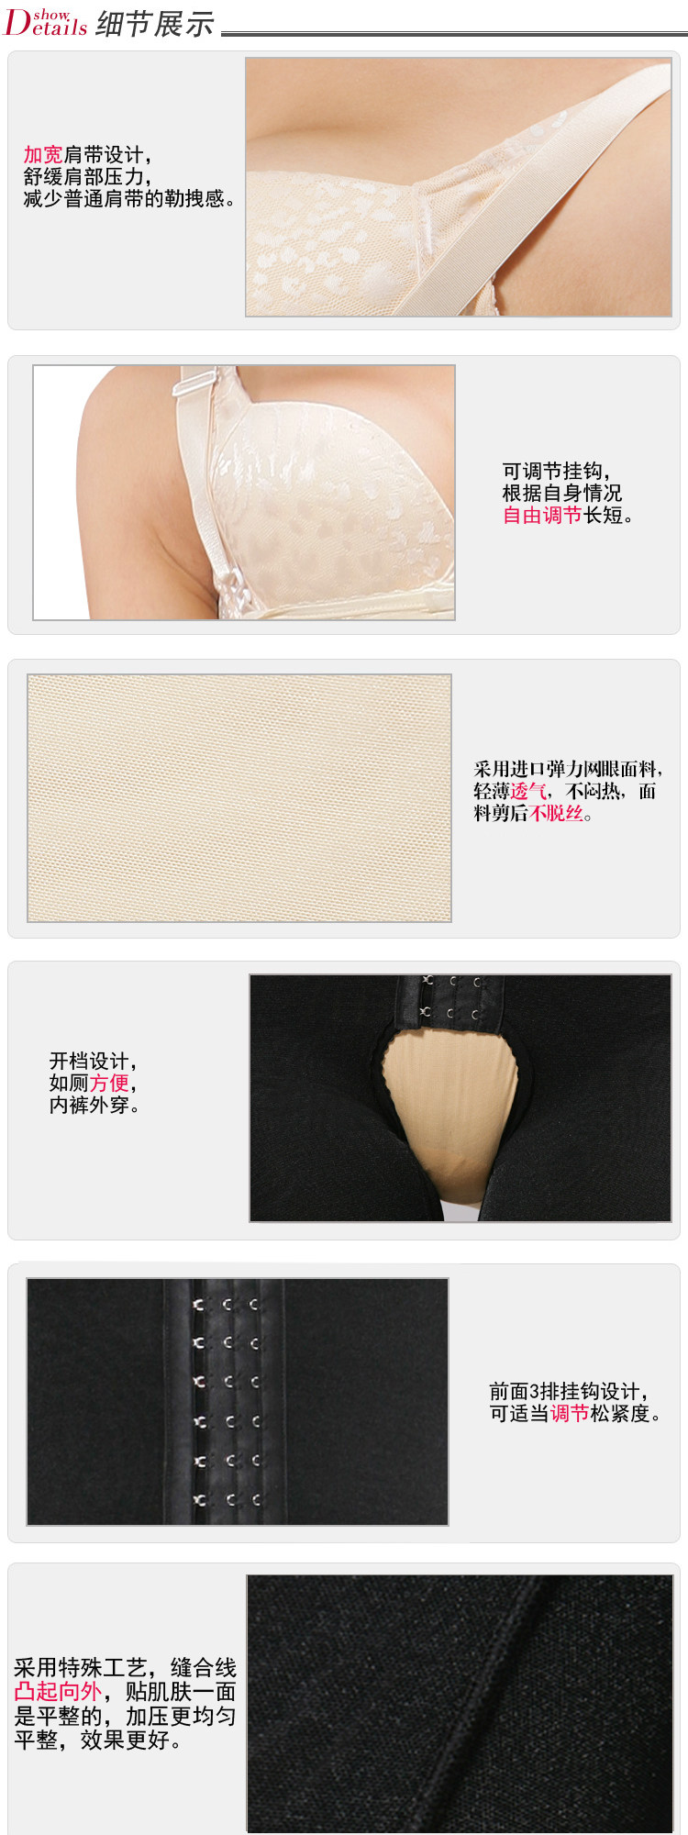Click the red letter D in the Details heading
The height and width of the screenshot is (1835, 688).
[x=17, y=22]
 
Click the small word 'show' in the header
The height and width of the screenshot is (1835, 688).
[x=51, y=15]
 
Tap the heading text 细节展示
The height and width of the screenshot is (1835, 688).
[x=154, y=24]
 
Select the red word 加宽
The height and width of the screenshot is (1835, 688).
[x=43, y=155]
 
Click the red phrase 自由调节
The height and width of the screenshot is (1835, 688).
[x=542, y=515]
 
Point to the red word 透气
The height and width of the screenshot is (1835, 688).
[x=528, y=791]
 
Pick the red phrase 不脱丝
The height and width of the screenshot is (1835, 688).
[x=556, y=813]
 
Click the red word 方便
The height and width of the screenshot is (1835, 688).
[x=109, y=1083]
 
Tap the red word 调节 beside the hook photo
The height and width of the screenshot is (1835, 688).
[x=570, y=1413]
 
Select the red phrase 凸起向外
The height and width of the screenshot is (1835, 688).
[x=58, y=1691]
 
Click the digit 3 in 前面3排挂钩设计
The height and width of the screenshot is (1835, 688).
[x=535, y=1391]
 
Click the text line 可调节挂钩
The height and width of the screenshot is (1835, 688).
[x=556, y=472]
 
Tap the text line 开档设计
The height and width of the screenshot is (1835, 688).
[x=93, y=1062]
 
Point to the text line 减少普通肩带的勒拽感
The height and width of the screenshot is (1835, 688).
[x=129, y=199]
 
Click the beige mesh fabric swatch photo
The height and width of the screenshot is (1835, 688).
[x=239, y=798]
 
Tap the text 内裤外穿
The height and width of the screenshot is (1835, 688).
[x=94, y=1106]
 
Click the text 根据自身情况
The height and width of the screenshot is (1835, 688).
[x=562, y=494]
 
